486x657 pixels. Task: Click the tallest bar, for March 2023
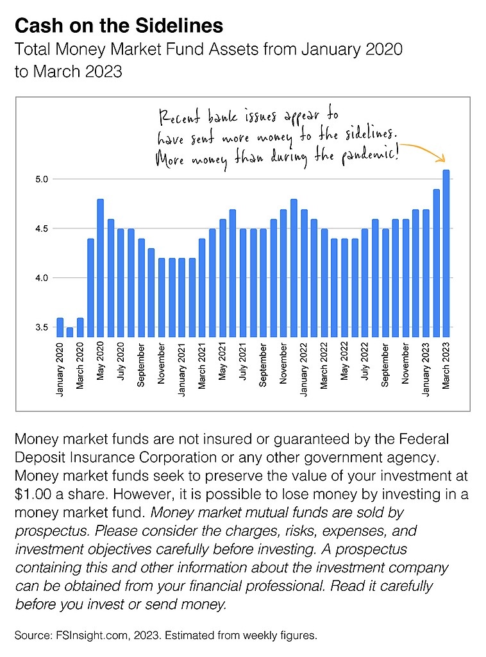tap(446, 253)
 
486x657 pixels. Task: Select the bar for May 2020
tap(100, 268)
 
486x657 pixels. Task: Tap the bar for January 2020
tap(60, 327)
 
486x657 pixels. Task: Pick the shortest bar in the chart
tap(70, 332)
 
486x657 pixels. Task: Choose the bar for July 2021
tap(243, 283)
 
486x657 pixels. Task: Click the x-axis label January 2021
tap(181, 369)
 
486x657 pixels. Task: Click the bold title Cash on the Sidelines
tap(119, 26)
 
